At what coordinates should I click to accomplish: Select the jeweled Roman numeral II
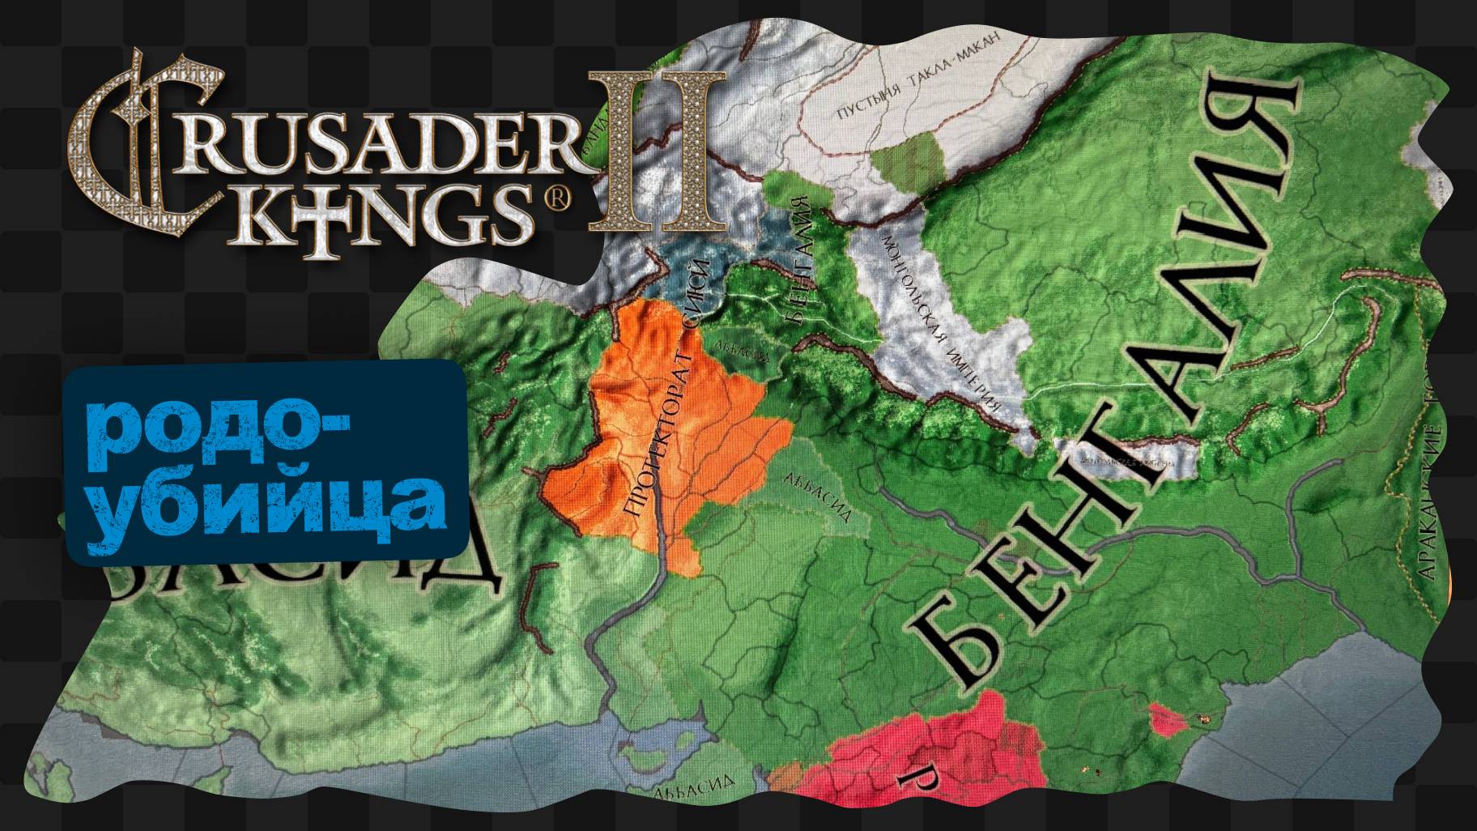[x=656, y=150]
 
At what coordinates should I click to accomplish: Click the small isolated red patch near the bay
[x=1166, y=719]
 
